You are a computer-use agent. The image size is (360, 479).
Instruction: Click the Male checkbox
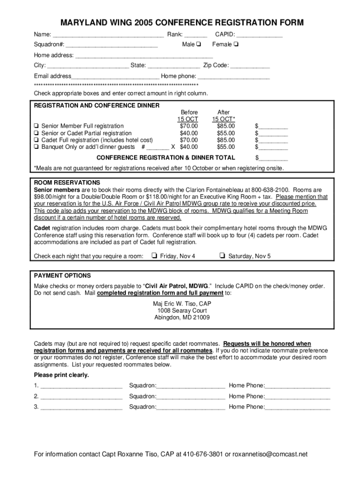[x=199, y=44]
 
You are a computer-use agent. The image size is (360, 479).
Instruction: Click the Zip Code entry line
[x=250, y=65]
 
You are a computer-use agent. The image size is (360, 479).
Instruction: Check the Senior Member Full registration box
[x=36, y=126]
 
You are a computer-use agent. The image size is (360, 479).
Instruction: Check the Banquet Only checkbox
[x=36, y=146]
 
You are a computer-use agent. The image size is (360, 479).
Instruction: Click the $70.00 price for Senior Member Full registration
[x=189, y=126]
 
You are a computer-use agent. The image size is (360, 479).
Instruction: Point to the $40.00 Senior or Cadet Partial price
[x=189, y=133]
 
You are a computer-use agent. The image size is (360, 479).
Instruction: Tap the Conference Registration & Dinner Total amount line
[x=273, y=158]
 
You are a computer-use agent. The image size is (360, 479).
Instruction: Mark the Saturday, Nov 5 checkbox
[x=222, y=256]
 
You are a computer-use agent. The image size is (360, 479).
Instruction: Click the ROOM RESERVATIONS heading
[x=67, y=182]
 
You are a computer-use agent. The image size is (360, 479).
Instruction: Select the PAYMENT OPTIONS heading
[x=62, y=276]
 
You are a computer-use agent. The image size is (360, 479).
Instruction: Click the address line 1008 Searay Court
[x=182, y=311]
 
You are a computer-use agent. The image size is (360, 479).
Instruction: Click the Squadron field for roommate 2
[x=191, y=396]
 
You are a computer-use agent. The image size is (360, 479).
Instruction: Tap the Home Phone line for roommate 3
[x=297, y=407]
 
